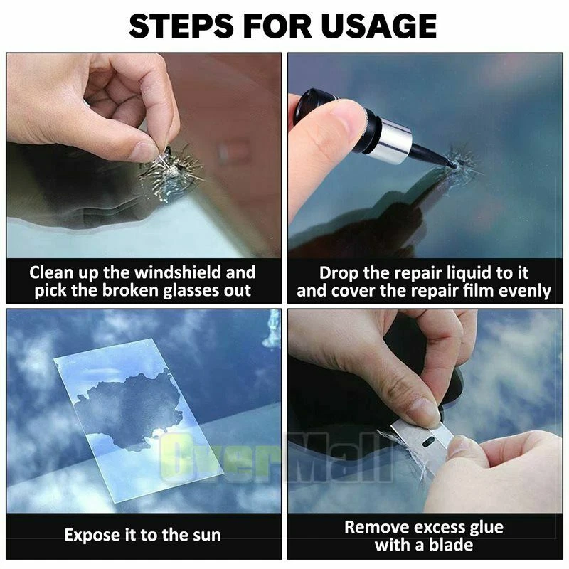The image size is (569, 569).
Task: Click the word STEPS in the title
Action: pos(181,26)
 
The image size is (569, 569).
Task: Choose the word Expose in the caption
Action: pos(90,536)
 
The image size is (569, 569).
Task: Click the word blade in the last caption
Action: pos(451,545)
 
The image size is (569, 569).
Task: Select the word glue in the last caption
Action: pos(486,528)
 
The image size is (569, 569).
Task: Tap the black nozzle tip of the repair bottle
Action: pos(450,164)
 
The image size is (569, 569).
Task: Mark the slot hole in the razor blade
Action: pos(429,442)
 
